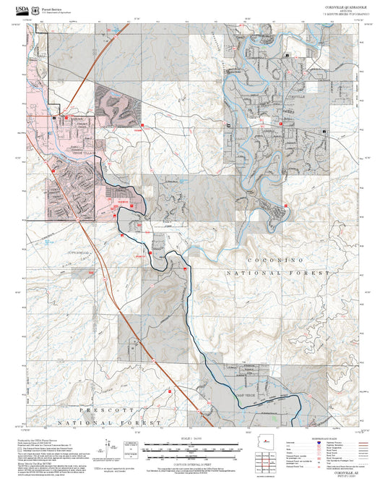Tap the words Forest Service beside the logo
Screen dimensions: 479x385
52,9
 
